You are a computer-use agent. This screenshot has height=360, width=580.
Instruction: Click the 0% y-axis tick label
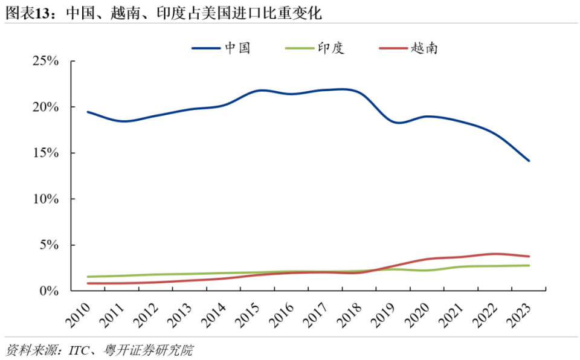(49, 291)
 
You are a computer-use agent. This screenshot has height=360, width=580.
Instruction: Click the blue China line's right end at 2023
(529, 161)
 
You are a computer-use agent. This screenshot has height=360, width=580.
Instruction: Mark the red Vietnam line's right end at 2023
(529, 257)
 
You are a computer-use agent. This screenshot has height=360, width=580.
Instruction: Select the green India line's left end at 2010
(88, 277)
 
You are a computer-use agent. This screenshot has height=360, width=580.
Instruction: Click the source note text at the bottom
(99, 350)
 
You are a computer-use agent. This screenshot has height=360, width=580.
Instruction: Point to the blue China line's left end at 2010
(88, 112)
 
